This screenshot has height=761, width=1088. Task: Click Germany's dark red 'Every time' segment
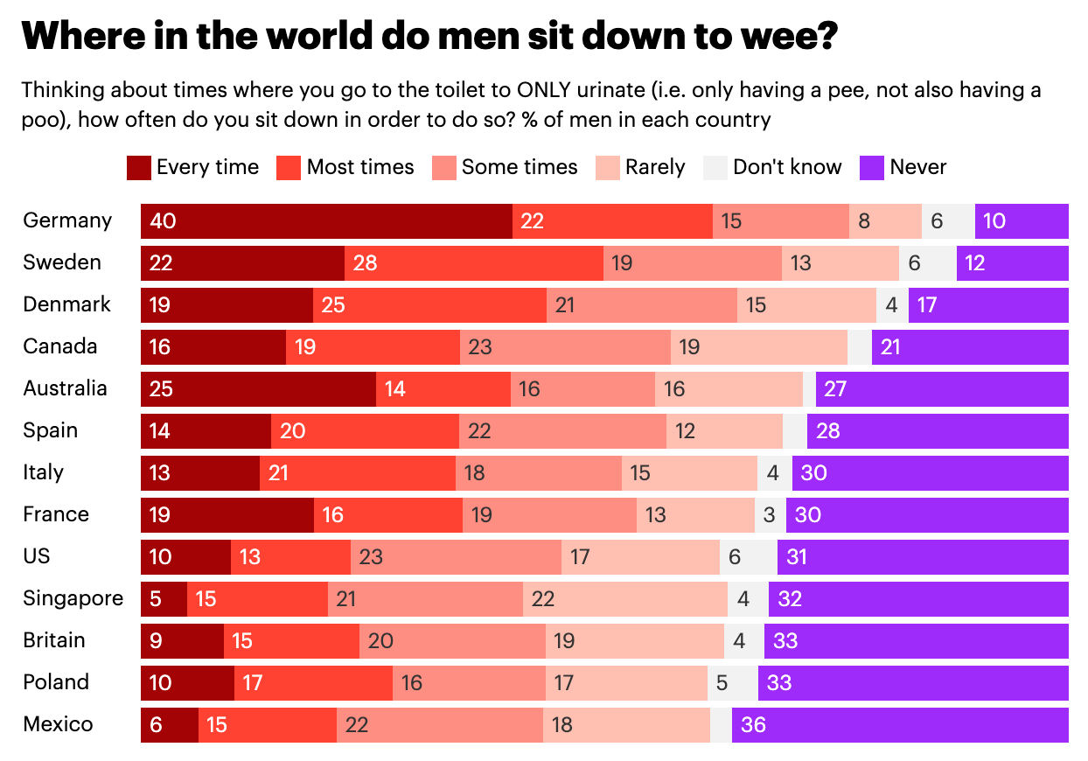tap(325, 221)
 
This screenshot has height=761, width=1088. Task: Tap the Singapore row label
tap(73, 599)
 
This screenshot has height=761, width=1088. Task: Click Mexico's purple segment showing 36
tap(899, 725)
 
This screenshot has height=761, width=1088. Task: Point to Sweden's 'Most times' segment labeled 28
tap(473, 263)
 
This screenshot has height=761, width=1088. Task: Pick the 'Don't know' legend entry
tap(772, 167)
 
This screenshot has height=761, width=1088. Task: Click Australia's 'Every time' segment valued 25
tap(258, 389)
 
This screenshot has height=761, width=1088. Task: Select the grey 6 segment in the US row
tap(748, 557)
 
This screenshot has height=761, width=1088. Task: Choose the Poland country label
tap(57, 683)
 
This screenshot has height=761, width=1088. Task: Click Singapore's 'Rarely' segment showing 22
tap(624, 599)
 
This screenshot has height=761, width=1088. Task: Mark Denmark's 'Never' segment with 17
tap(987, 305)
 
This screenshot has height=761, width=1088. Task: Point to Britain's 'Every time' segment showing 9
tap(182, 641)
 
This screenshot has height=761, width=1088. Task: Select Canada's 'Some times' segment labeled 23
tap(565, 347)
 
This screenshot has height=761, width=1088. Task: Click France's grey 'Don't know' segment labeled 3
tap(770, 515)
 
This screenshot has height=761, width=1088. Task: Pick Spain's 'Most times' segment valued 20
tap(365, 431)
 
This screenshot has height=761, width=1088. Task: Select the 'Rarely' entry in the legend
tap(639, 167)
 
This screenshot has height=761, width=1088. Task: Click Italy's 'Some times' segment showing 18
tap(538, 473)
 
